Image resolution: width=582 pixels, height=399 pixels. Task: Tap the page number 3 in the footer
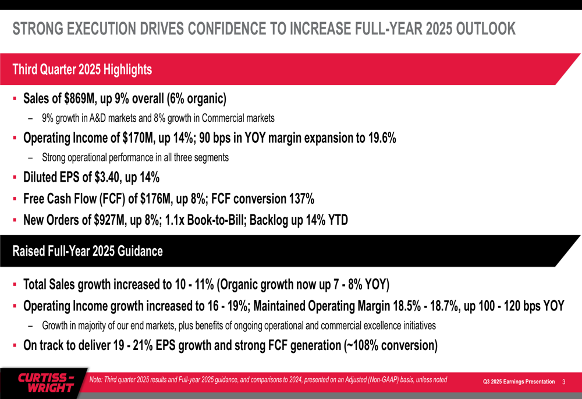(x=564, y=382)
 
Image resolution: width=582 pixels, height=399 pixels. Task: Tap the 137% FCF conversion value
(x=302, y=199)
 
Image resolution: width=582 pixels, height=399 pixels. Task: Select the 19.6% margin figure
(x=378, y=138)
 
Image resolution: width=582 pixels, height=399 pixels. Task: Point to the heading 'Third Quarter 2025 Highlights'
(x=82, y=69)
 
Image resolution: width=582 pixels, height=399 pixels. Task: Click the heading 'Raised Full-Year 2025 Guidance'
(x=87, y=251)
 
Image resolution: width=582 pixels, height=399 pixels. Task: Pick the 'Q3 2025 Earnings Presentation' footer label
(x=519, y=382)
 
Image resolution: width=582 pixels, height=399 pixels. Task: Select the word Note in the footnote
(x=97, y=380)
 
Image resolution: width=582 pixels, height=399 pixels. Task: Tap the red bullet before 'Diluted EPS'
(x=14, y=178)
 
